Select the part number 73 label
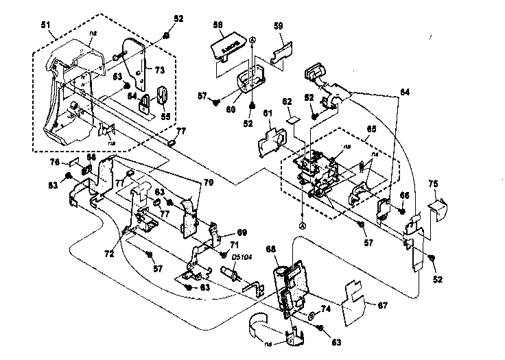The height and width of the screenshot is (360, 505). click(x=159, y=70)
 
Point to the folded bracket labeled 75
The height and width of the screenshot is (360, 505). click(x=436, y=204)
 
